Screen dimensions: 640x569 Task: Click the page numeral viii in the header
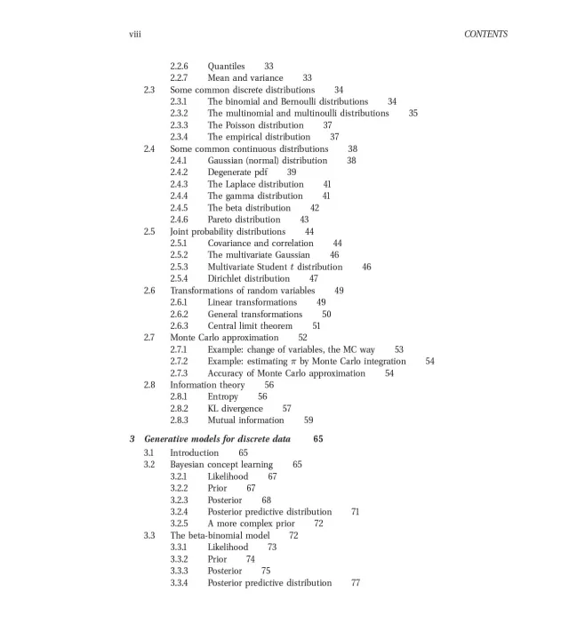(135, 35)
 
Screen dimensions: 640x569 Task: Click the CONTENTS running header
(485, 35)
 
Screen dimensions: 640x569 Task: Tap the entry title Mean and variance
(245, 78)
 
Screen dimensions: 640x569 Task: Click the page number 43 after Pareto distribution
(304, 220)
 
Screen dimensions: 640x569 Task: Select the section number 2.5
(149, 231)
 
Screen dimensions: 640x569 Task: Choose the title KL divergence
(236, 408)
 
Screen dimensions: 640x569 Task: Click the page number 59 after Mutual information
(309, 420)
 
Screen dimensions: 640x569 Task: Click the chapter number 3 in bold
(132, 440)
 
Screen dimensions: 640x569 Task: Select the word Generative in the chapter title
(166, 440)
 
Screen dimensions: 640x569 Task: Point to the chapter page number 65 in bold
(318, 440)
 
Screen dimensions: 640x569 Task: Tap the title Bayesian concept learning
(221, 465)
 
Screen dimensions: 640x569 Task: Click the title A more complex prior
(252, 524)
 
